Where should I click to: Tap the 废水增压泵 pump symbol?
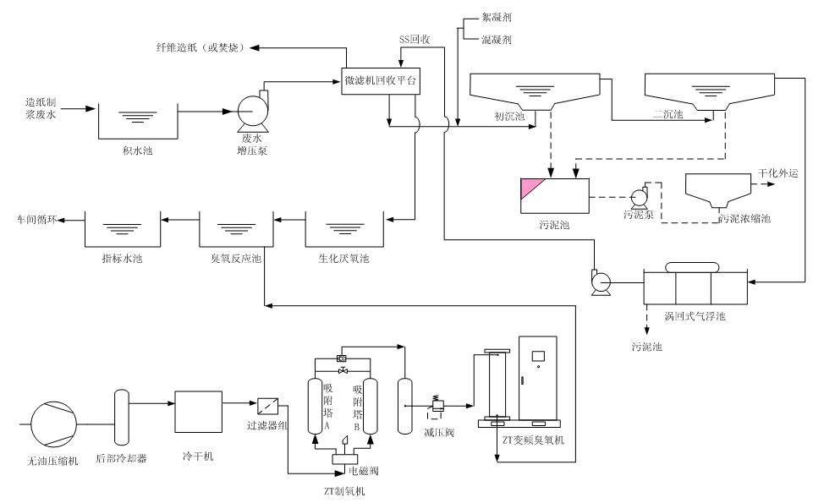[x=250, y=111]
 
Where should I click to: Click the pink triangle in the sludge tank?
[x=533, y=187]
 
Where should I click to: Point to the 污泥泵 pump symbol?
[x=640, y=197]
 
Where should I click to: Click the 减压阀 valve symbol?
[x=439, y=407]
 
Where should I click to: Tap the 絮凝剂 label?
[x=496, y=18]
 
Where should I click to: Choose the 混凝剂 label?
[x=496, y=39]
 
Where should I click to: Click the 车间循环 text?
[x=37, y=219]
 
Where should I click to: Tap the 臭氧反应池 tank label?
[x=234, y=258]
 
